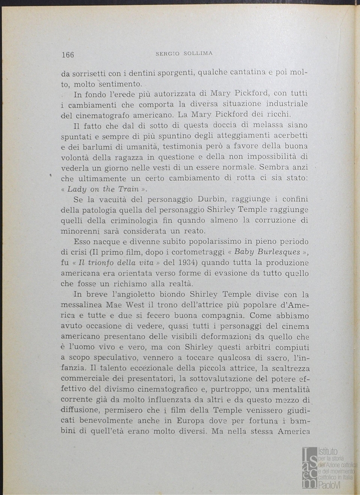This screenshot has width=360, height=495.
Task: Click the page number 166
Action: pos(68,55)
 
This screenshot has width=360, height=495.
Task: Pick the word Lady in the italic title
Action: pos(77,189)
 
